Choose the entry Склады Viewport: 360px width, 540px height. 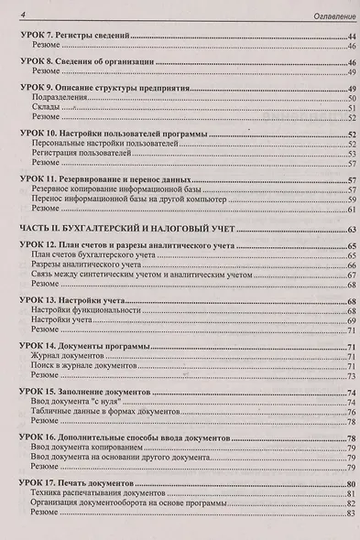(46, 108)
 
